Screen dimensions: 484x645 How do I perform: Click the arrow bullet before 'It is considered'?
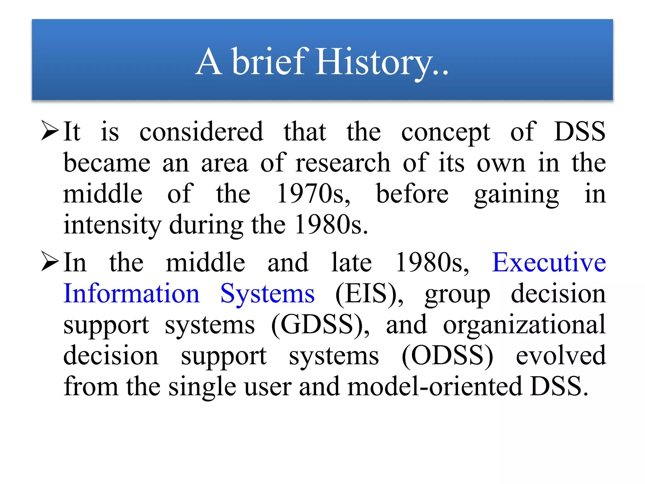[x=50, y=130]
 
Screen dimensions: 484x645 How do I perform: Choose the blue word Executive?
[x=549, y=262]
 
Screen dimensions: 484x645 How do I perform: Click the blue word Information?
[x=132, y=293]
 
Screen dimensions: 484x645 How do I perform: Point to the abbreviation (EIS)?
[x=368, y=294]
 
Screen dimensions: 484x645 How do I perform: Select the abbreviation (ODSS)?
[x=447, y=356]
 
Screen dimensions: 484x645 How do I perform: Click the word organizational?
[x=524, y=325]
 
